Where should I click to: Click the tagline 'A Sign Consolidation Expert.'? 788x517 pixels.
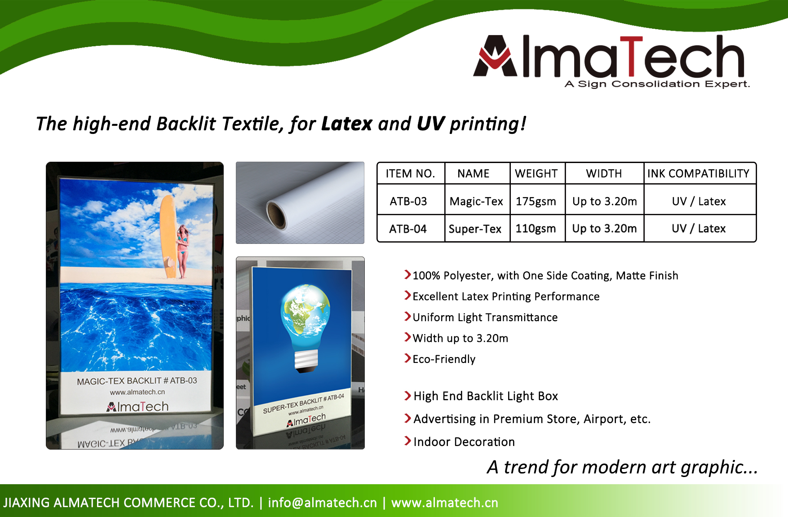(657, 84)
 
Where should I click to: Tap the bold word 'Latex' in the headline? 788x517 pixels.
(347, 124)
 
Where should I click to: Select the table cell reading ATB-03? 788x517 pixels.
(408, 201)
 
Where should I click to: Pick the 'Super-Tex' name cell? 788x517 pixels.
(475, 229)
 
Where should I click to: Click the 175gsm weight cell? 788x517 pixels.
(536, 202)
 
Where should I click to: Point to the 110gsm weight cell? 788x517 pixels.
(536, 229)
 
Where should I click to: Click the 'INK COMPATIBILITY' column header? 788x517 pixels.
(699, 174)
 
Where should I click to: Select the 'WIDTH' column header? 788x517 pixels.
(604, 174)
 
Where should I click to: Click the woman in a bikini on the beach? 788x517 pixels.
(183, 252)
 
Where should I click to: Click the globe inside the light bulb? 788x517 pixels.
(305, 310)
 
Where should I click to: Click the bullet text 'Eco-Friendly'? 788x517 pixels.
(444, 359)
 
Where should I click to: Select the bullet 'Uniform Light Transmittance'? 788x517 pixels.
(485, 318)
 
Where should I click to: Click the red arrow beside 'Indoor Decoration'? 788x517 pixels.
(407, 441)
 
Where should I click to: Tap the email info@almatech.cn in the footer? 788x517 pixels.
(322, 503)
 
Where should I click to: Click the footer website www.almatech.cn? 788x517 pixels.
(445, 503)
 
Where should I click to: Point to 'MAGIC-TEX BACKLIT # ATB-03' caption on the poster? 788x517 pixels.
(137, 381)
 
